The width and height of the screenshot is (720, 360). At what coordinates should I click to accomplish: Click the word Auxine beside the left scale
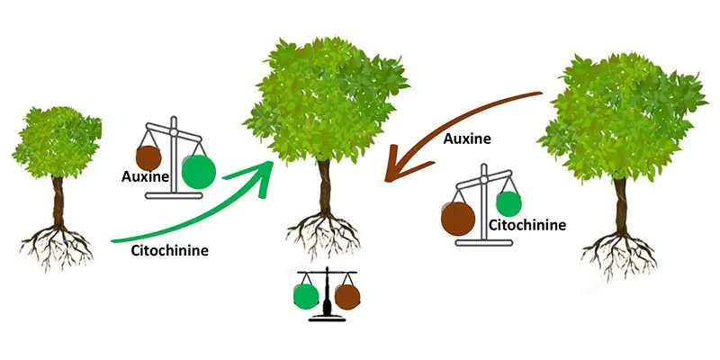pos(146,177)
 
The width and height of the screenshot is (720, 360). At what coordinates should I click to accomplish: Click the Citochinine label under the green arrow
pos(170,251)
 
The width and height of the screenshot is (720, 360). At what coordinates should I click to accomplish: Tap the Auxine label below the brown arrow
pos(468,139)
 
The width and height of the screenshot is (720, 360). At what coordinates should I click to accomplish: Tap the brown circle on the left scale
pos(149,158)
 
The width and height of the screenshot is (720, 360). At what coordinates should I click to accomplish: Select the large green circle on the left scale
pos(199,171)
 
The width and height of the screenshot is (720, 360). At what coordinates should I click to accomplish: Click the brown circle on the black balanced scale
pos(346,295)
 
